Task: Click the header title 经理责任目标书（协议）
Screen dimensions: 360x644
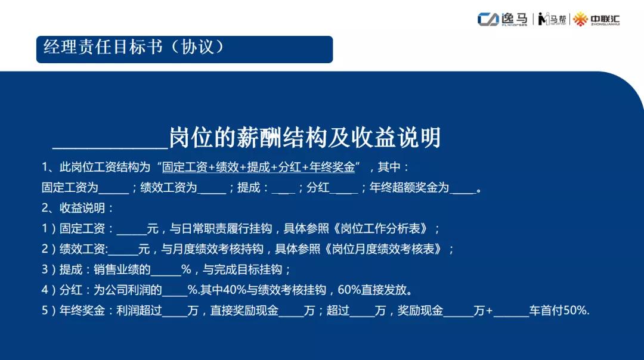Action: tap(135, 48)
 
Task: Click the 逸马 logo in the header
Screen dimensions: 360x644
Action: tap(502, 19)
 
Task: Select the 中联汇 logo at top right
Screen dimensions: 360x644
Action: tap(597, 19)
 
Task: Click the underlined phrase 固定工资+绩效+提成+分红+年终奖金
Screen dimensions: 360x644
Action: tap(259, 167)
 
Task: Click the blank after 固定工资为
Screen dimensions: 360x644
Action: tap(114, 189)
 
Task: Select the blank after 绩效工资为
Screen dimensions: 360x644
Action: tap(212, 189)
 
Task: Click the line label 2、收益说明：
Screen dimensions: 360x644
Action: tap(78, 209)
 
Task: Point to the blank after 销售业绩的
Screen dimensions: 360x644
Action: tap(166, 271)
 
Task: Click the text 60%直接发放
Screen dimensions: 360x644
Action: tap(374, 290)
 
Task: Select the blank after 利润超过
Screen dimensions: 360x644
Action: tap(175, 312)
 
